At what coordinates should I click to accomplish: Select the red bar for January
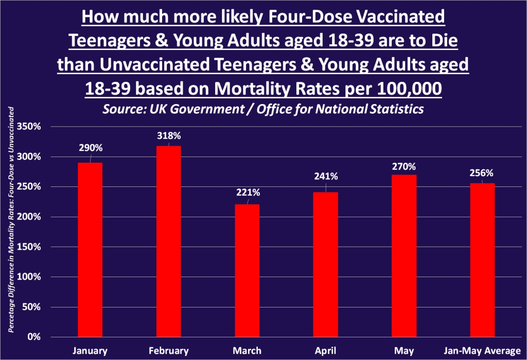coord(90,250)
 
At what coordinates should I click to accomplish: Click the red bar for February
coord(168,242)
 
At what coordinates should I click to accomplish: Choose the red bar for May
coord(404,256)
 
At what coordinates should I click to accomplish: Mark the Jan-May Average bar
coord(483,260)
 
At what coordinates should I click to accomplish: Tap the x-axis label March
coord(247,351)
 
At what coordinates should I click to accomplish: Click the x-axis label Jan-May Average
coord(482,351)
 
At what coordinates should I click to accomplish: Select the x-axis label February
coord(168,351)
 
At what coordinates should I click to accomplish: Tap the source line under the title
coord(263,110)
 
